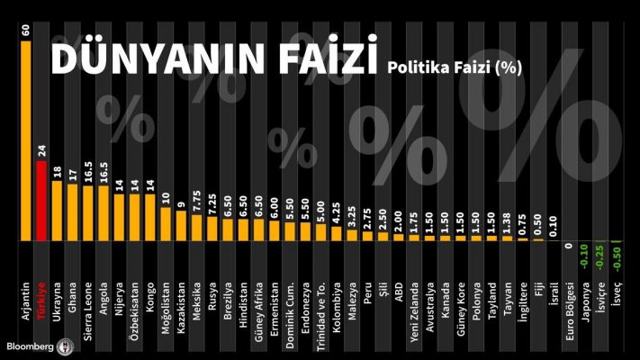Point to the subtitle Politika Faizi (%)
pos(455,66)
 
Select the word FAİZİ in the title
pos(315,58)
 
